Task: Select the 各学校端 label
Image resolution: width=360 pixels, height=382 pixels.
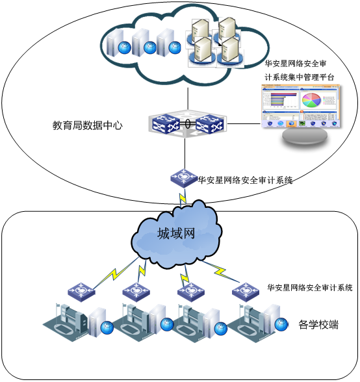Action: coord(318,324)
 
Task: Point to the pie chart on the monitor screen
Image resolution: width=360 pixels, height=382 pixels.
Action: coord(311,100)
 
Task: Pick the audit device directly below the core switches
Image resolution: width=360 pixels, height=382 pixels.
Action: coord(185,177)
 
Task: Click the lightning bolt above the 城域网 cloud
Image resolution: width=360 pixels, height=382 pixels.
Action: coord(183,195)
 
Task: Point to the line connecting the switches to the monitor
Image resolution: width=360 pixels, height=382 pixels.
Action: coord(244,121)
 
